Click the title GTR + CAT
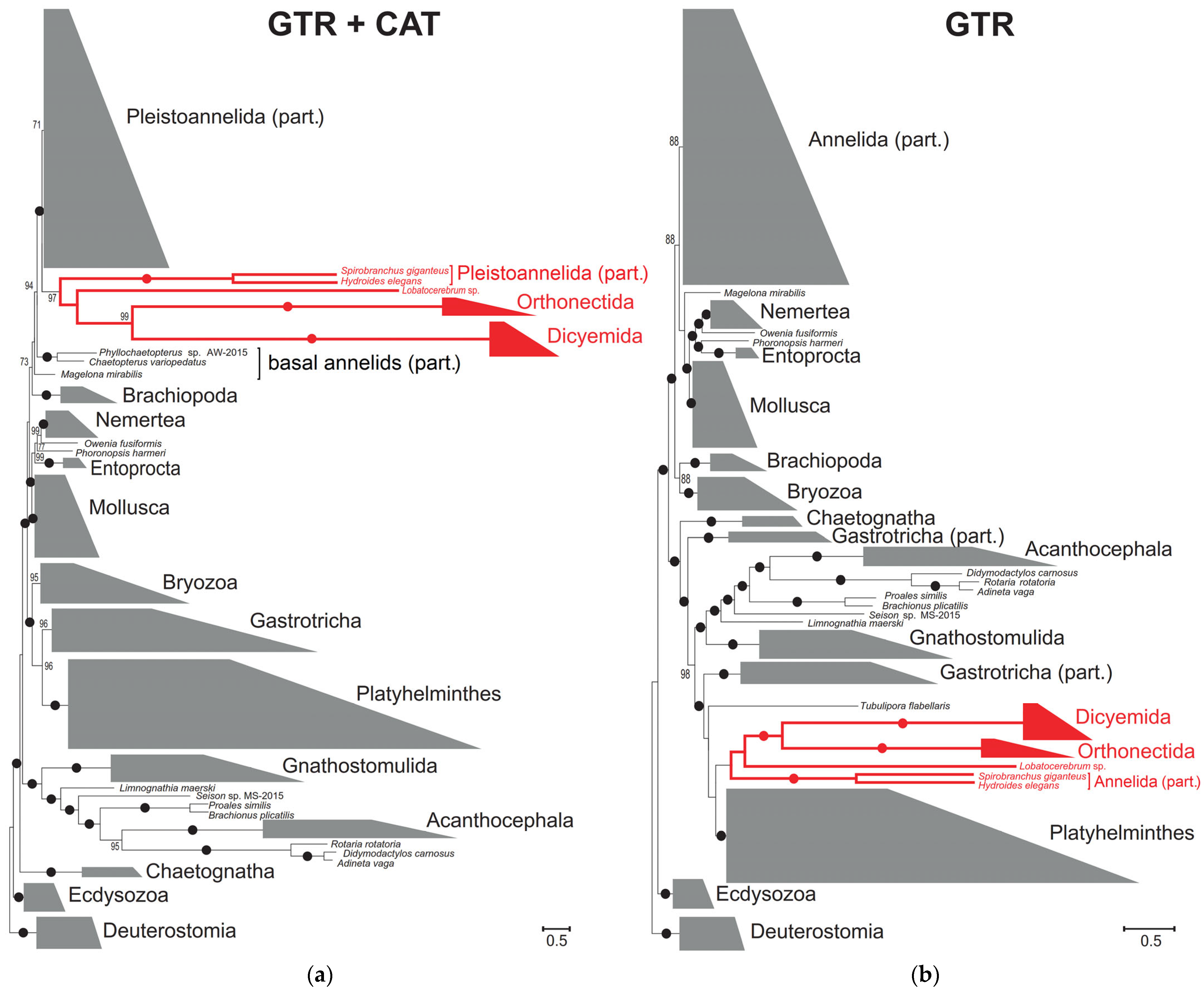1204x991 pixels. [354, 24]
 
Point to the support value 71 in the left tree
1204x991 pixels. [37, 124]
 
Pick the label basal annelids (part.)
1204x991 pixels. [364, 363]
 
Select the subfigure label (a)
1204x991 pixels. [320, 974]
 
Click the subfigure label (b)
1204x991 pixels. [924, 974]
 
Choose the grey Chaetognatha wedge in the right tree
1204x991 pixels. [770, 521]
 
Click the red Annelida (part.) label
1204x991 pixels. [1147, 782]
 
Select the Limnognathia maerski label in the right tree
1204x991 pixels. [855, 623]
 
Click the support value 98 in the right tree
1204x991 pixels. [685, 674]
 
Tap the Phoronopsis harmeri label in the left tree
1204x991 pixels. [120, 453]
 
